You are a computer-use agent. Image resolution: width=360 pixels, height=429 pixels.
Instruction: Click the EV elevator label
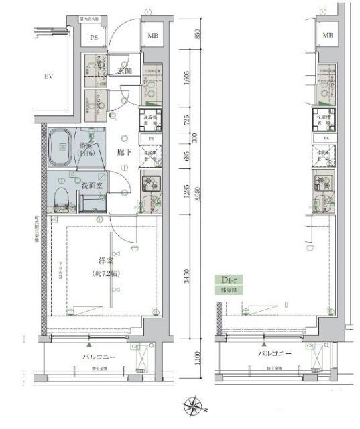[x=48, y=76]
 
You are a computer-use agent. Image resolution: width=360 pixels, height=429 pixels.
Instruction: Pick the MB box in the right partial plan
[x=328, y=35]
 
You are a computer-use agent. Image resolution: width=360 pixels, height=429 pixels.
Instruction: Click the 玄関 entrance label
[x=124, y=70]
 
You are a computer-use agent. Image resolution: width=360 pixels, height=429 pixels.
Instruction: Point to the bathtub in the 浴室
[x=62, y=148]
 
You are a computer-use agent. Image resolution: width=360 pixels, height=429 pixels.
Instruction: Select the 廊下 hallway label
[x=123, y=152]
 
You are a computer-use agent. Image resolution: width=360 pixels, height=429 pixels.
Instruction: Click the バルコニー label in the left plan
[x=99, y=357]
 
